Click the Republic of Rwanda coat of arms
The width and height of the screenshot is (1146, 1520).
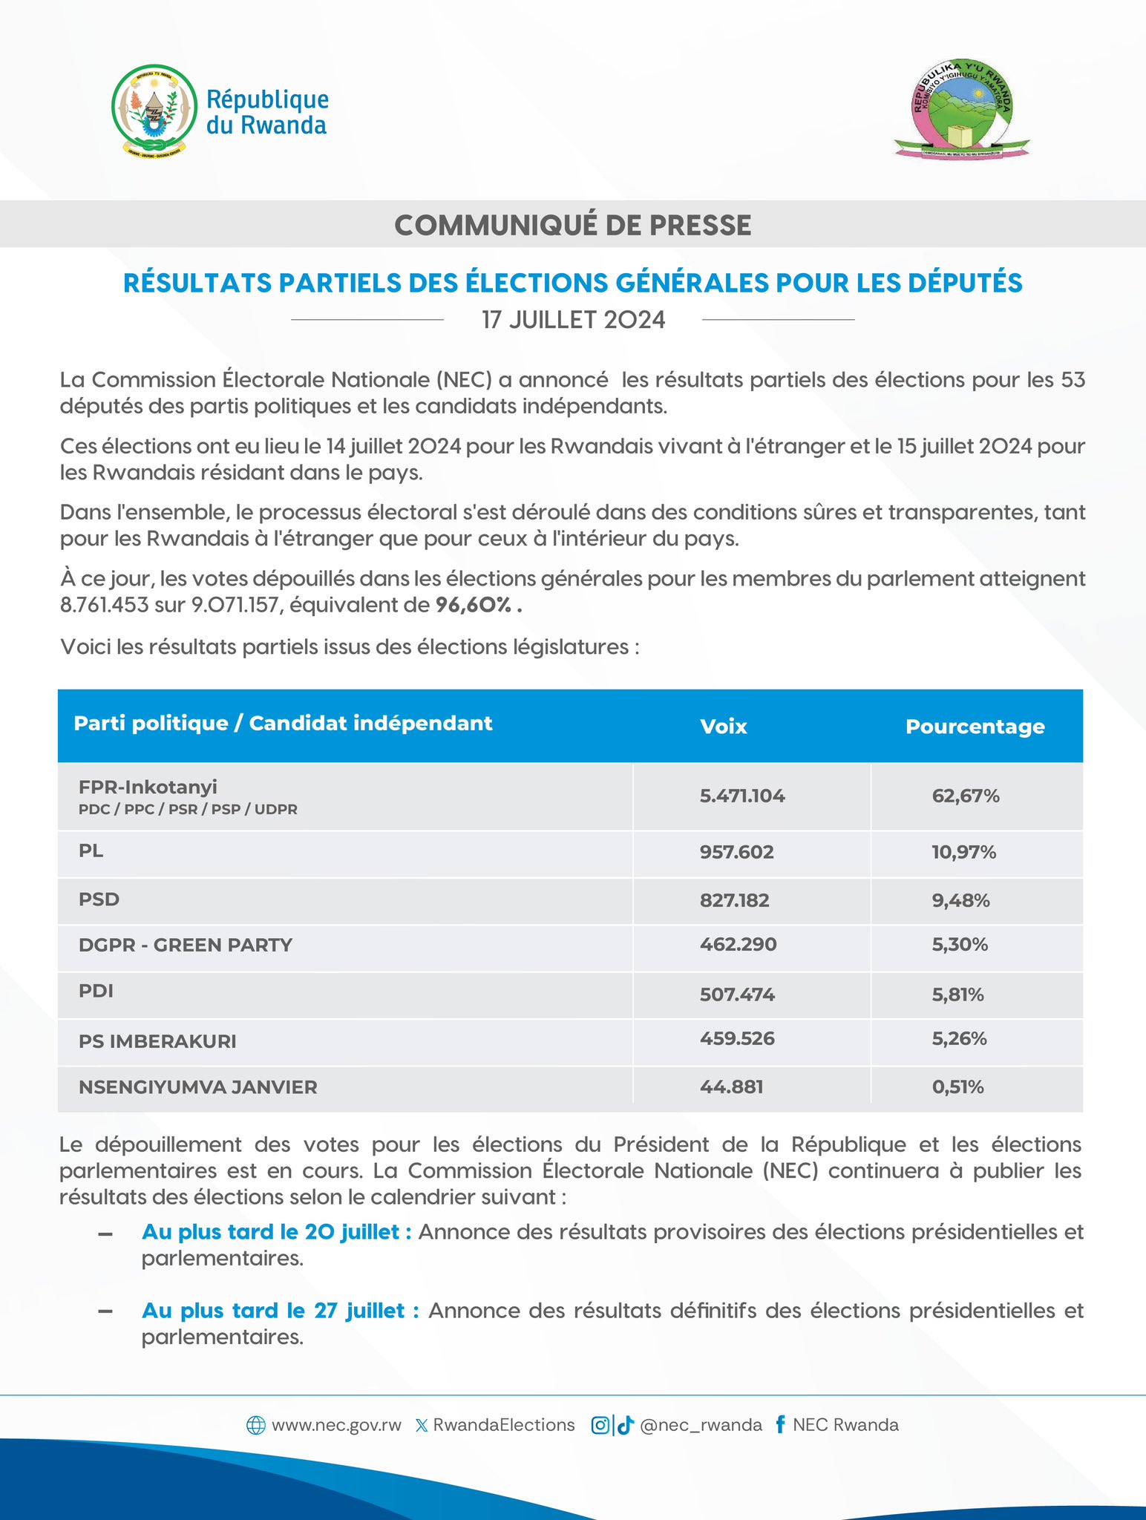pyautogui.click(x=154, y=109)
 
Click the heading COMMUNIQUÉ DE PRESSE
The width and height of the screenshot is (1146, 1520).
pyautogui.click(x=572, y=225)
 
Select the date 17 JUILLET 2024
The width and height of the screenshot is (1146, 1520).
pyautogui.click(x=573, y=320)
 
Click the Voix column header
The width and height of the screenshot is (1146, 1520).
pyautogui.click(x=723, y=726)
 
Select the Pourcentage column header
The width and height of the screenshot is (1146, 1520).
pyautogui.click(x=975, y=726)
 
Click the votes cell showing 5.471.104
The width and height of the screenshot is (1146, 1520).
pyautogui.click(x=741, y=796)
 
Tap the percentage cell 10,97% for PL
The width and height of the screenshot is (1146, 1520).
pyautogui.click(x=963, y=852)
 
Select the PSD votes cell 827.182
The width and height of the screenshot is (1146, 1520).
pyautogui.click(x=734, y=900)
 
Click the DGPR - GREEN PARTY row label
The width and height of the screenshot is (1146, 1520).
pyautogui.click(x=186, y=945)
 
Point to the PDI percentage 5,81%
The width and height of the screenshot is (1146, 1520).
pyautogui.click(x=957, y=995)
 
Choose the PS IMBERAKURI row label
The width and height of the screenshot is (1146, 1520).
pyautogui.click(x=157, y=1041)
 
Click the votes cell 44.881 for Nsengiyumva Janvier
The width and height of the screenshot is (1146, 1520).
pyautogui.click(x=731, y=1087)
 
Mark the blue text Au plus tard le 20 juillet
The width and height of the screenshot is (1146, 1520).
pyautogui.click(x=276, y=1232)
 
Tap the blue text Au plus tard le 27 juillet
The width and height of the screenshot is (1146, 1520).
pyautogui.click(x=280, y=1311)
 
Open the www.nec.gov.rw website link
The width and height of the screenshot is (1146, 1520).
pyautogui.click(x=335, y=1425)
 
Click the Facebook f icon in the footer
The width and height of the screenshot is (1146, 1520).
pyautogui.click(x=779, y=1424)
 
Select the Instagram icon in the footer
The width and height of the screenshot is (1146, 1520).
pyautogui.click(x=600, y=1425)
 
